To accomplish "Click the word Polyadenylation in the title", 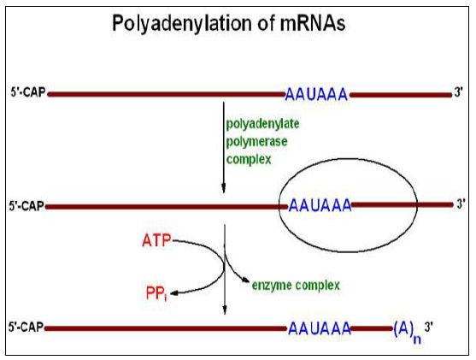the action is [182, 24].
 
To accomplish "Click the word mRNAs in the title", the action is [313, 23].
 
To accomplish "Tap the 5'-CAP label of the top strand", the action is [28, 92].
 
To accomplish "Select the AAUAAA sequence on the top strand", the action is [316, 94].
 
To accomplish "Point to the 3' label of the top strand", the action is [458, 91].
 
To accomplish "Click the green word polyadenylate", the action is [262, 124].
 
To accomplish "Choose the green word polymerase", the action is [256, 142].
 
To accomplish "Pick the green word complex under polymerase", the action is [249, 160].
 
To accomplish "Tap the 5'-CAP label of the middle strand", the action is [26, 206].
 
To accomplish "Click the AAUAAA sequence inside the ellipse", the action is [320, 206].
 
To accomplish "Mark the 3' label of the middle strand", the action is [461, 204].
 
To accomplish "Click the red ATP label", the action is [156, 240].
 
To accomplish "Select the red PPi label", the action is [156, 293].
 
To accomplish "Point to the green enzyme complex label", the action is [296, 286].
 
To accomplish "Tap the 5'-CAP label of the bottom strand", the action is [26, 328].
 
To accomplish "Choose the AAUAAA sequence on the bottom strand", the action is [320, 328].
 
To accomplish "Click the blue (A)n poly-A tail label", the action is [407, 332].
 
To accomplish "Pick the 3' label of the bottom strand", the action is [428, 327].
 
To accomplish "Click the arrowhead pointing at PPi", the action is [174, 293].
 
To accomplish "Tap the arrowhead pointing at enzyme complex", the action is [245, 281].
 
